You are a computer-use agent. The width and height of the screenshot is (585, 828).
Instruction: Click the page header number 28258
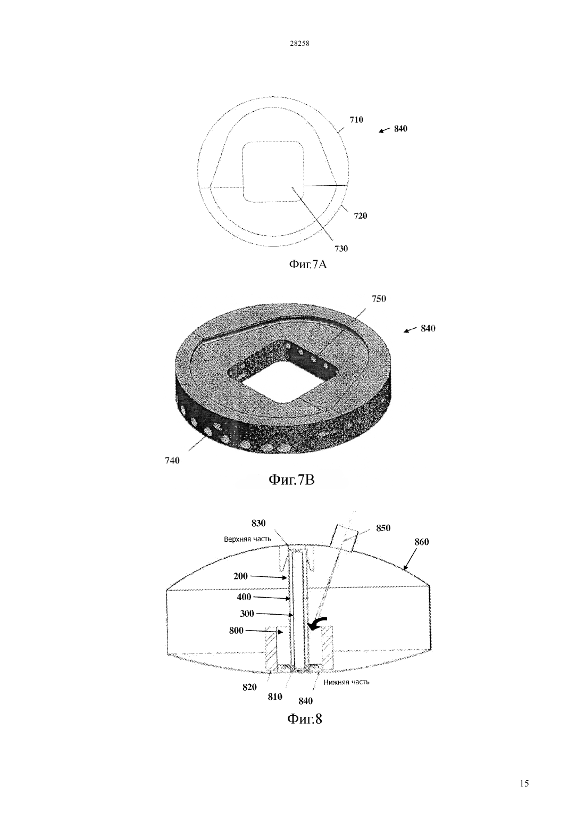click(x=299, y=43)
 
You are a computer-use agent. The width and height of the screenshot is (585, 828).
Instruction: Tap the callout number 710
click(x=356, y=120)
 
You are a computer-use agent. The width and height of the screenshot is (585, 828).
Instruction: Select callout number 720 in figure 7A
click(x=361, y=216)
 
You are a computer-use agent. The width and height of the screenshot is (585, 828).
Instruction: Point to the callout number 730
click(x=341, y=249)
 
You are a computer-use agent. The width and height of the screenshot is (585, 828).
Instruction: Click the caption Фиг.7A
click(x=307, y=264)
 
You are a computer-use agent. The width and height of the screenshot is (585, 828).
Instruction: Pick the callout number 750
click(x=379, y=299)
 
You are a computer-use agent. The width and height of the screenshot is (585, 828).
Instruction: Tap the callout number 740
click(x=172, y=461)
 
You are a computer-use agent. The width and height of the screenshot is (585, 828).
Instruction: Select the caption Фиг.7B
click(x=292, y=480)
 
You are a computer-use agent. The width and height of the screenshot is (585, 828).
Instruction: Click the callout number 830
click(x=258, y=523)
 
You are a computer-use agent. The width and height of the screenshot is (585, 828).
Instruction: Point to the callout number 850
click(x=383, y=528)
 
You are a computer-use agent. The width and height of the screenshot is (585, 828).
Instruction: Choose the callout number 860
click(x=421, y=542)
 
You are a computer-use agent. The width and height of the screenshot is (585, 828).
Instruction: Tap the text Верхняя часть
click(x=247, y=539)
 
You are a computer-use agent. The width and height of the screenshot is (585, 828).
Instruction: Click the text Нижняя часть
click(x=346, y=682)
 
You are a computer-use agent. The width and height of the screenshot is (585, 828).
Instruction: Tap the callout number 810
click(x=275, y=697)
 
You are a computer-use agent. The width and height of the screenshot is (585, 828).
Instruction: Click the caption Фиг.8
click(x=305, y=719)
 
